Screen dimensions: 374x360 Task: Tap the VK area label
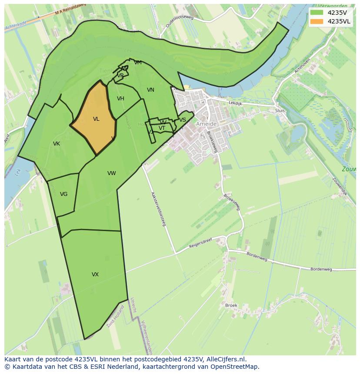click(x=57, y=144)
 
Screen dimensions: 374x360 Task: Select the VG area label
click(x=64, y=194)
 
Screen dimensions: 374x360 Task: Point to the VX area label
click(x=95, y=275)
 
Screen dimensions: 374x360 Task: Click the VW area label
click(x=112, y=173)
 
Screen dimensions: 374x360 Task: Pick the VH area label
click(x=120, y=99)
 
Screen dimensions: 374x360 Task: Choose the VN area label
click(x=150, y=90)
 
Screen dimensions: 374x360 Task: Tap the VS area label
click(x=183, y=120)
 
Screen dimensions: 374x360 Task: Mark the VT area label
click(x=162, y=128)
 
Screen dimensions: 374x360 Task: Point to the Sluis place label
click(x=280, y=111)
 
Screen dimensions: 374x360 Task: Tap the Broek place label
click(x=231, y=305)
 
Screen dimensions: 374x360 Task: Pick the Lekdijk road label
click(x=235, y=103)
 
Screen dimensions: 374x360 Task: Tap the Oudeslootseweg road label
click(x=179, y=20)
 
